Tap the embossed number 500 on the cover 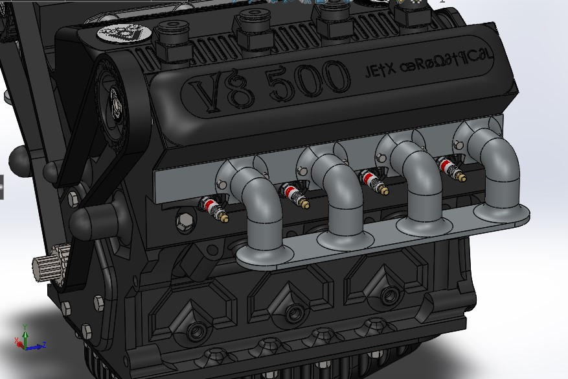click(308, 81)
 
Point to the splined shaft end click(47, 267)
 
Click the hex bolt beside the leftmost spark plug click(185, 223)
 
